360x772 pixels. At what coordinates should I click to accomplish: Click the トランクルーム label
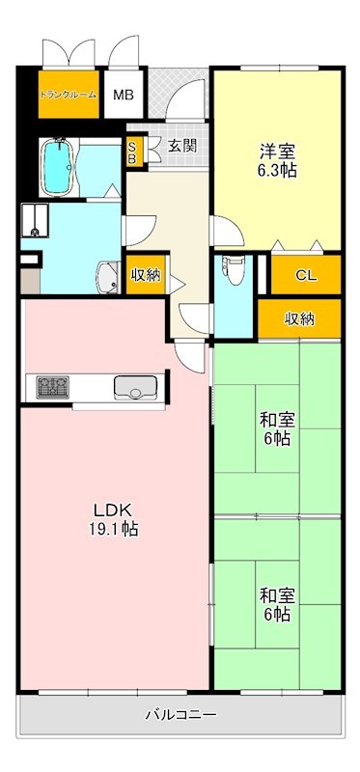(x=68, y=96)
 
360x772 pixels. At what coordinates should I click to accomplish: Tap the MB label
(x=123, y=96)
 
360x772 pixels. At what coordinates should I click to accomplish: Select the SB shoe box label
(x=133, y=152)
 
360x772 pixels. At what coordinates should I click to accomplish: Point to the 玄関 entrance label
(x=181, y=147)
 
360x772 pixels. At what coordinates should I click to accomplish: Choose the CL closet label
(x=305, y=275)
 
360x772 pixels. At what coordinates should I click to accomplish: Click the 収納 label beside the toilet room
(x=147, y=275)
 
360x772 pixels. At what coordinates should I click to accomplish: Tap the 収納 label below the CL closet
(x=299, y=318)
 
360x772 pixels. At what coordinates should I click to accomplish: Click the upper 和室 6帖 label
(x=276, y=428)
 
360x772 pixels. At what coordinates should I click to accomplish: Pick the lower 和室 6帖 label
(x=276, y=604)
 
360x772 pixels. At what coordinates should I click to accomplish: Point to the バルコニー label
(x=180, y=715)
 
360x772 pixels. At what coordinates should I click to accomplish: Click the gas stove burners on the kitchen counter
(x=51, y=388)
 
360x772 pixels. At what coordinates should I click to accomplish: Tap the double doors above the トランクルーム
(x=68, y=53)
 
